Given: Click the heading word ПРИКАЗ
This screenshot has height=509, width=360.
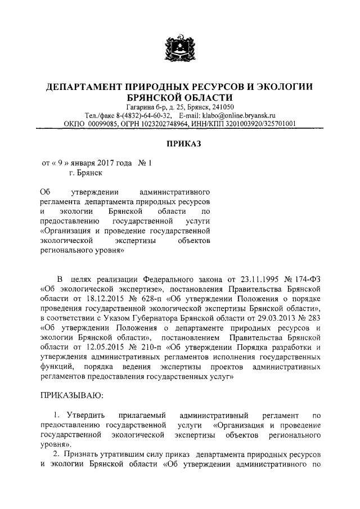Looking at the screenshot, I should (x=180, y=145).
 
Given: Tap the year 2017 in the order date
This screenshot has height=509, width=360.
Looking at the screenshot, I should (x=100, y=164).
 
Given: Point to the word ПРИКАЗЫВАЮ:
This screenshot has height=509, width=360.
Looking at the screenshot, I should (x=71, y=396).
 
